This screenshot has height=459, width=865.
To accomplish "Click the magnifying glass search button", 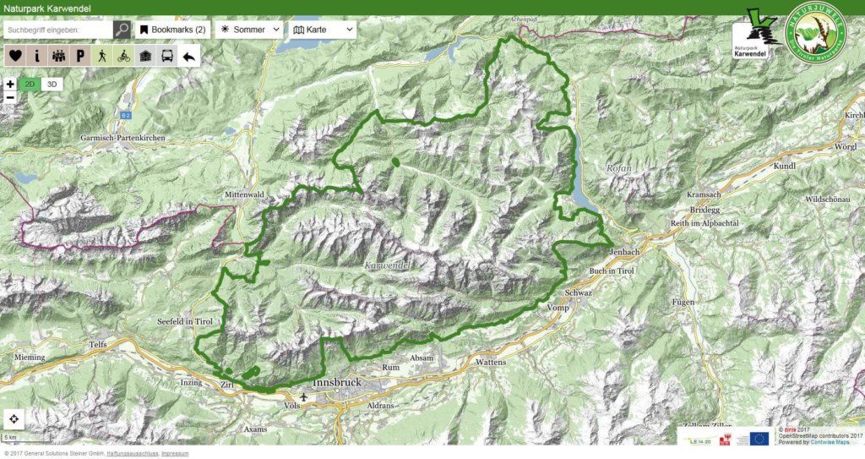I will pos(122,30).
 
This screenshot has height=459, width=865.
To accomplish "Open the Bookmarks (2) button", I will pos(172,30).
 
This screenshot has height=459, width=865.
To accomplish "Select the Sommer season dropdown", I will pos(250,30).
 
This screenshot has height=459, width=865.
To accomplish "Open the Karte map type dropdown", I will pos(323,30).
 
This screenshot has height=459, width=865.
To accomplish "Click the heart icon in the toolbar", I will pos(15,56).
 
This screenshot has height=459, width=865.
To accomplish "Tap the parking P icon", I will pos(80,56).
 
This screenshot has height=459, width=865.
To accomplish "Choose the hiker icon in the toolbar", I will pos(102,56).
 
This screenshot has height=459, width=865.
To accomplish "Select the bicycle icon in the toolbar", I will pos(124,56).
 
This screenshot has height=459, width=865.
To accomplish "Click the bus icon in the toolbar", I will pos(168,56).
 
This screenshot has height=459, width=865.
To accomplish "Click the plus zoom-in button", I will pos(10,85).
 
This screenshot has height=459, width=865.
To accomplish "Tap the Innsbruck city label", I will pos(336,384).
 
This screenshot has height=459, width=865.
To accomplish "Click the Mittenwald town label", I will pos(245,194).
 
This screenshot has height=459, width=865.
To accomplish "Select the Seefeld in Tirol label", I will pos(184,323).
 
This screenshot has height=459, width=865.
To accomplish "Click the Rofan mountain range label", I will pos(618,168).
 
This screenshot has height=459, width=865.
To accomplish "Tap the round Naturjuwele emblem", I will pos(815,34).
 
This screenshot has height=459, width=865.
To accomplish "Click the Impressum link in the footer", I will pos(175,454).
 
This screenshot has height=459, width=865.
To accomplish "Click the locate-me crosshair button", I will pos(15,419).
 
